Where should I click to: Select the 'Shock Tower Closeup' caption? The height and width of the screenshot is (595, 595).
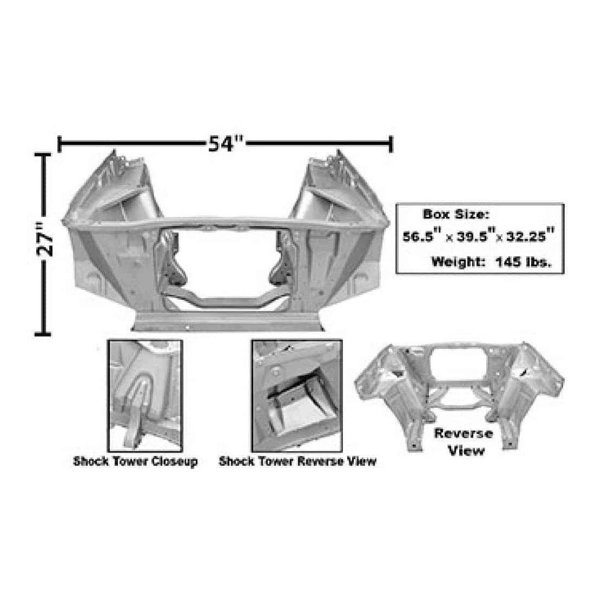pyautogui.click(x=135, y=462)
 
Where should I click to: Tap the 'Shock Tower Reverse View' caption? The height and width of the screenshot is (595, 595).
pyautogui.click(x=297, y=462)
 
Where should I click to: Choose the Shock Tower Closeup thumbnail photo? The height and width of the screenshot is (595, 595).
pyautogui.click(x=144, y=395)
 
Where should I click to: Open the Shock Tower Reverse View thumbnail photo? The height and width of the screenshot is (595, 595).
pyautogui.click(x=296, y=395)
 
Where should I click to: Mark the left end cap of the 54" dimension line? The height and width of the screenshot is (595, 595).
pyautogui.click(x=59, y=144)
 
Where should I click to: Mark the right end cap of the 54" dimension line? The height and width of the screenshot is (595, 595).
pyautogui.click(x=391, y=144)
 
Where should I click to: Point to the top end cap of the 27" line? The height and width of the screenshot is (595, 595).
pyautogui.click(x=43, y=155)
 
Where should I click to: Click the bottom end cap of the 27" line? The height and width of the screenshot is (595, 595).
pyautogui.click(x=43, y=333)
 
